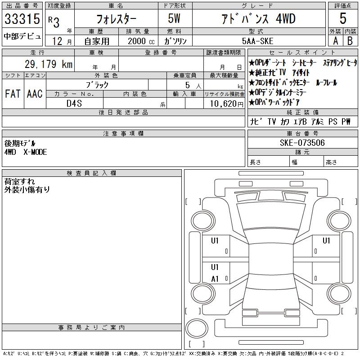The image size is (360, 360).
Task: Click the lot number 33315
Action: [x=22, y=19]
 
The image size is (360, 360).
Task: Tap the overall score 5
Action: [x=343, y=18]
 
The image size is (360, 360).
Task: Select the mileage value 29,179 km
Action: [x=49, y=64]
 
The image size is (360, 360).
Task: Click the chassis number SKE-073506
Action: [x=302, y=143]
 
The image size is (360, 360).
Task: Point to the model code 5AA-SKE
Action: [x=257, y=41]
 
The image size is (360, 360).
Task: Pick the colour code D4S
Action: [x=74, y=103]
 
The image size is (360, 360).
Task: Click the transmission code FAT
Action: [x=13, y=94]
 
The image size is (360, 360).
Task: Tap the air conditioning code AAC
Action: [x=35, y=94]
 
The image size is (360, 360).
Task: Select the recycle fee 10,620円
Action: [x=227, y=104]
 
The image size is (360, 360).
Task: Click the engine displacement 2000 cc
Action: [x=141, y=41]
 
